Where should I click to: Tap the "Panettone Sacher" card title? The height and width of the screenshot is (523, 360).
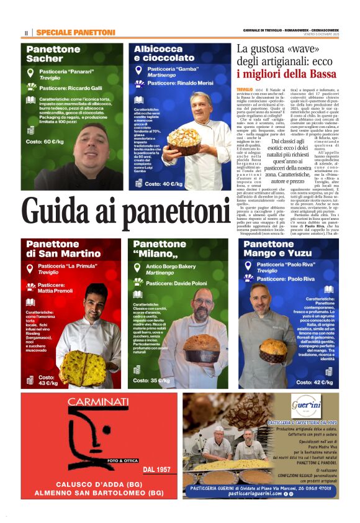[53, 53]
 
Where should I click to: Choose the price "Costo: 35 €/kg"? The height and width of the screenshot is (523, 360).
[151, 380]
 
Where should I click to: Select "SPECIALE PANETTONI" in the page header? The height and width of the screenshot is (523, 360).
[76, 32]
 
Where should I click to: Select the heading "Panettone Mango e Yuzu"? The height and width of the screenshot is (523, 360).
[276, 248]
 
